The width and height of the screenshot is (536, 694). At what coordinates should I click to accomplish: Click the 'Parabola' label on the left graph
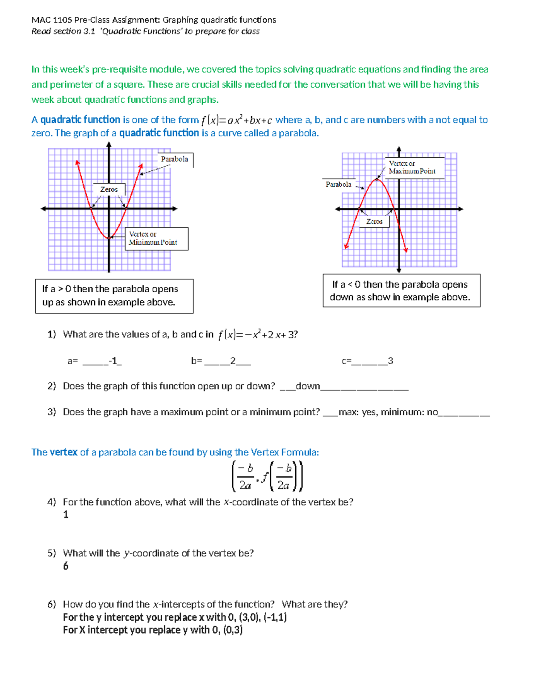click(x=175, y=159)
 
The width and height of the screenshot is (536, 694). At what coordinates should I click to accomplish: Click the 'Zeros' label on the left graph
click(x=109, y=189)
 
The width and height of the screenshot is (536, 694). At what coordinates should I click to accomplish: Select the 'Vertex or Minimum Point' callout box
click(x=156, y=239)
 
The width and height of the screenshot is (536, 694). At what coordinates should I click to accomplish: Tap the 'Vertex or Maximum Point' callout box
click(x=414, y=168)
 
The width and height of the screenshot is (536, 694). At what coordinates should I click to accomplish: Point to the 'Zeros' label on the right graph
click(x=374, y=222)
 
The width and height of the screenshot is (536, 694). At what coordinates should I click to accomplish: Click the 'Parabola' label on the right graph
click(x=338, y=184)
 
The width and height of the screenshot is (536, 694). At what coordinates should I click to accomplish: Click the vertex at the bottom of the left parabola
click(x=109, y=238)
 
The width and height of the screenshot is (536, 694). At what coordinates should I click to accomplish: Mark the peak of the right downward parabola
click(x=378, y=179)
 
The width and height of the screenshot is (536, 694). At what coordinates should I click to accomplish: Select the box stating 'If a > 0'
click(x=114, y=296)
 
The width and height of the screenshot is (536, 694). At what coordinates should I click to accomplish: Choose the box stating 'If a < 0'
click(x=401, y=290)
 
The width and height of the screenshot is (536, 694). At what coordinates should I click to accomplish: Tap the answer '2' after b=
click(x=233, y=361)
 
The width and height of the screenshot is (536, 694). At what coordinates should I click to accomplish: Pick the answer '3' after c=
click(x=390, y=361)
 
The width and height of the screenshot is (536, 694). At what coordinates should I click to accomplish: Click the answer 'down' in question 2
click(x=308, y=386)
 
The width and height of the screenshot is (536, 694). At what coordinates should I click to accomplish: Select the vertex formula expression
click(x=267, y=476)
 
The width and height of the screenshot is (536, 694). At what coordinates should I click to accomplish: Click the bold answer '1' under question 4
click(x=66, y=515)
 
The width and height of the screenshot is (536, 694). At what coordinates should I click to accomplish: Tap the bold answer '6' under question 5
click(x=66, y=566)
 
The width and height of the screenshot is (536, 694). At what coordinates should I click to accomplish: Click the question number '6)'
click(x=51, y=604)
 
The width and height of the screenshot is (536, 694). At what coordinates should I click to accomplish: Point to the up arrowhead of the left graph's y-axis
click(x=109, y=144)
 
